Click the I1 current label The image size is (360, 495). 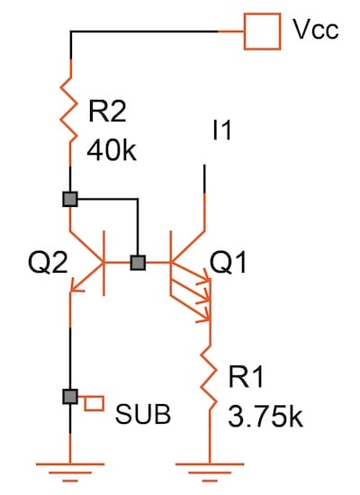[x=220, y=131]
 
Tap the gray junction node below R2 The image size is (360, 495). [x=69, y=199]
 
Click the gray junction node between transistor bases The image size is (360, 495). [x=138, y=263]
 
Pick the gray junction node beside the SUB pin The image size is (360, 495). [x=69, y=396]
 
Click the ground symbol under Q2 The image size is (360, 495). [x=69, y=464]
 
